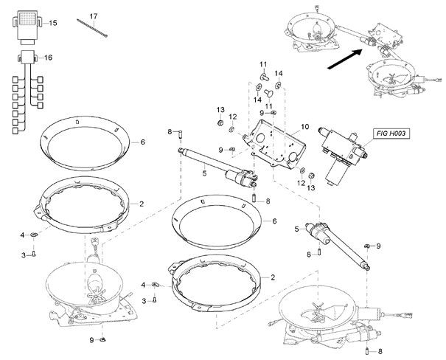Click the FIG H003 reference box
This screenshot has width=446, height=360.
coord(391,134)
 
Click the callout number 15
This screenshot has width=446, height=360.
coord(53,23)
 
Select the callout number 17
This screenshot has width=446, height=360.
coord(94,16)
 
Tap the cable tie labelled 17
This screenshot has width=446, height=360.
coord(92,28)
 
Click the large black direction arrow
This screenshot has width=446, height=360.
coord(345,59)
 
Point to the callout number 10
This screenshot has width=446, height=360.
coord(304,127)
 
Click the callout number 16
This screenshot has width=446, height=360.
coord(49,58)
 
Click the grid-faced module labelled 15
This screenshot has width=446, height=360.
coord(27,27)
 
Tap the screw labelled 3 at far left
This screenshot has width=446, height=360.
coord(34,254)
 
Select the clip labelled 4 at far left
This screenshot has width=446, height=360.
coord(35,235)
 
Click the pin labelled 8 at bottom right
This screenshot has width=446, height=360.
coord(367,351)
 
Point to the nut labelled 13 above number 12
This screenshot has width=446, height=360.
coord(220,123)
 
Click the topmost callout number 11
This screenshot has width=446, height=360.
coord(263,64)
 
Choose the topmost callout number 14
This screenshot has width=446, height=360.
coord(279,74)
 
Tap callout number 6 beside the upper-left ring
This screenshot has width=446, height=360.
coord(142,142)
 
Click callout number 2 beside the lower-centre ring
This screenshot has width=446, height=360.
coord(273,277)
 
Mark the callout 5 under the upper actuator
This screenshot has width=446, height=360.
coord(204,173)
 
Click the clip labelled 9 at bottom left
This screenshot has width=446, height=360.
coord(103,339)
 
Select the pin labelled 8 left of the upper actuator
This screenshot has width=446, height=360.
coord(181,134)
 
